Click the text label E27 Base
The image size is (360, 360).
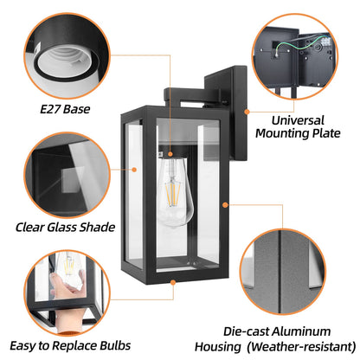pos(65,109)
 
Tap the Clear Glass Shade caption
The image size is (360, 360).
pos(65,227)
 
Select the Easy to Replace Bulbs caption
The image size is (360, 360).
pos(70,345)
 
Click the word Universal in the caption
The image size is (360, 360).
pos(298,120)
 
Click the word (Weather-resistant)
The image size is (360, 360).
pos(301,346)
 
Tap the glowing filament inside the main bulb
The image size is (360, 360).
pos(173,190)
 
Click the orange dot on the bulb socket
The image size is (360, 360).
pos(170,154)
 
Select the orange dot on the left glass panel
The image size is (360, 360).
pos(134,170)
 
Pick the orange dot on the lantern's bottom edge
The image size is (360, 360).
pos(173,282)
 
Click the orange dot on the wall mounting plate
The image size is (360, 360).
pos(247,112)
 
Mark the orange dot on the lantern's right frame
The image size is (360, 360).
pos(226,205)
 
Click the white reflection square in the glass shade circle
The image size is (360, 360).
pos(71,180)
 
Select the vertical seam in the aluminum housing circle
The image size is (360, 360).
pos(280,271)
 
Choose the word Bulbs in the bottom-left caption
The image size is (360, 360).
pos(115,345)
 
